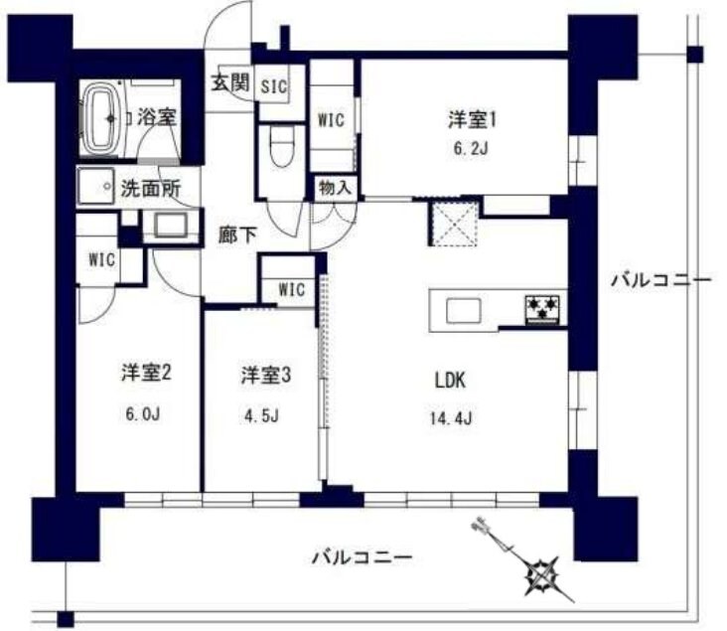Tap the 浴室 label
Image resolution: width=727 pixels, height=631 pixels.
[x=157, y=116]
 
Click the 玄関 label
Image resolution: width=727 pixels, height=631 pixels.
[x=228, y=83]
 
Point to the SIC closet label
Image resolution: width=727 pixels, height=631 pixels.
[x=273, y=86]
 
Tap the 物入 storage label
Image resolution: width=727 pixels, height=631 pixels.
[x=333, y=186]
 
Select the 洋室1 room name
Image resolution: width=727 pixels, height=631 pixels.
[x=471, y=120]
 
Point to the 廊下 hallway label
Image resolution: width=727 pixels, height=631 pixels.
[x=238, y=236]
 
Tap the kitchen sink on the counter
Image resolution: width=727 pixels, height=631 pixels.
[x=464, y=310]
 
